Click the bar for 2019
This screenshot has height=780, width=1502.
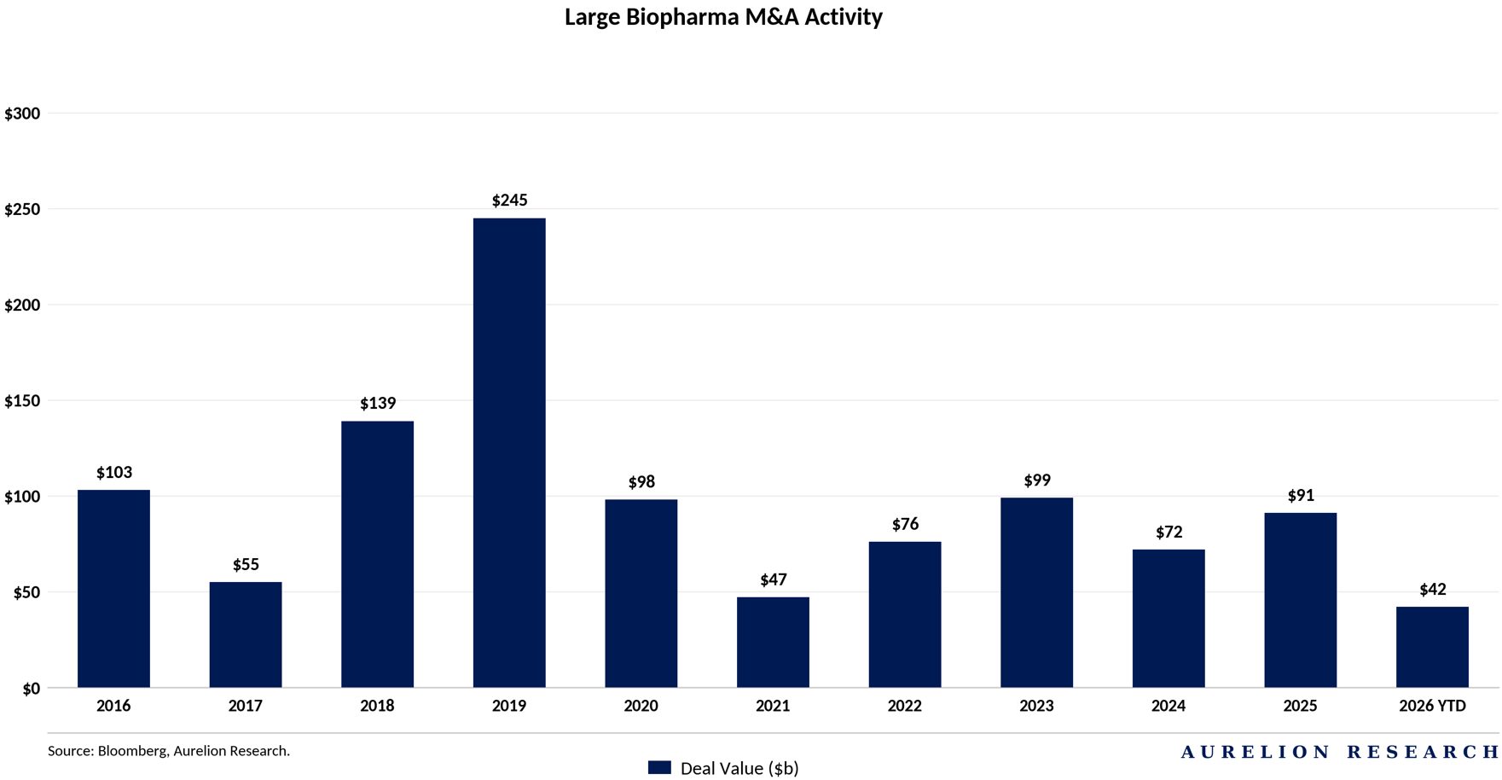click(x=509, y=452)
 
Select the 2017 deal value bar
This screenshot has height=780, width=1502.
click(x=246, y=635)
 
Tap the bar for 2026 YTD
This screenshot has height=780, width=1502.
click(x=1432, y=647)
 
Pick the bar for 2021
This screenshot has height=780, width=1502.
click(x=773, y=643)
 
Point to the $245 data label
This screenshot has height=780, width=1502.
click(x=509, y=201)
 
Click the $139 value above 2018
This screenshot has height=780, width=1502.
click(x=378, y=403)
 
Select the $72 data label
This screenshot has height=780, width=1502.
click(x=1169, y=533)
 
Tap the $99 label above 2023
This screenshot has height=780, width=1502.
click(x=1037, y=480)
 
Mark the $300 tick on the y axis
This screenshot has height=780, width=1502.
click(x=22, y=114)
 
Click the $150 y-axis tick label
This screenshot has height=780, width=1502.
click(x=22, y=401)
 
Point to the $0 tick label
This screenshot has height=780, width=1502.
click(x=31, y=689)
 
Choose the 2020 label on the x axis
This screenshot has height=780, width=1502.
click(x=641, y=706)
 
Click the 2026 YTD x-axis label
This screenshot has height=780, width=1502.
click(x=1432, y=706)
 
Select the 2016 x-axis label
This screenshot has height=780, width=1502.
click(x=113, y=706)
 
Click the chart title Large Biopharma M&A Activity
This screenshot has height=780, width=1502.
click(x=723, y=17)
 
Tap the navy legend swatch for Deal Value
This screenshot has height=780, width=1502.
click(x=659, y=767)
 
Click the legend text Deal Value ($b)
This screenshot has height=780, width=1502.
click(x=739, y=768)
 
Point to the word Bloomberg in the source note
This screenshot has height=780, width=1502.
click(x=133, y=751)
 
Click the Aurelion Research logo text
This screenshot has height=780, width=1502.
click(x=1340, y=752)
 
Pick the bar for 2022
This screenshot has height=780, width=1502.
click(x=905, y=614)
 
